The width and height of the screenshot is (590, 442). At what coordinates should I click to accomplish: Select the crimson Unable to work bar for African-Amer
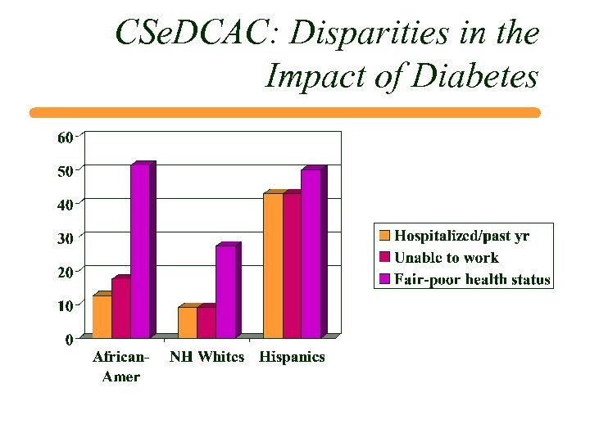[120, 308]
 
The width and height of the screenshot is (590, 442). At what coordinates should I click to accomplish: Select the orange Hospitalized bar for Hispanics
[273, 265]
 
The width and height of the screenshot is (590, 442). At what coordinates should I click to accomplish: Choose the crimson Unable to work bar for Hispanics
[292, 265]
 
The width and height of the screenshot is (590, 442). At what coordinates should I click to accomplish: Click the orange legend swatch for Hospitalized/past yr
[384, 237]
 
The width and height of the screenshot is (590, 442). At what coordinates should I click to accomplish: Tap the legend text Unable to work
[447, 258]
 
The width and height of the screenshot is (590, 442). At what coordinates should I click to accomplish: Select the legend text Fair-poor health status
[472, 279]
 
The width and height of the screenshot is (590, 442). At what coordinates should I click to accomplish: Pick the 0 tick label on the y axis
[70, 339]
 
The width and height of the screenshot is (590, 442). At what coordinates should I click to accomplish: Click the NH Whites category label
[206, 357]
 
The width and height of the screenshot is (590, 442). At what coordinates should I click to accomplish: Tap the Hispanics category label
[292, 357]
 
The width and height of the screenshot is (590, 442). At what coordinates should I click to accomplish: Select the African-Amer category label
[121, 367]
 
